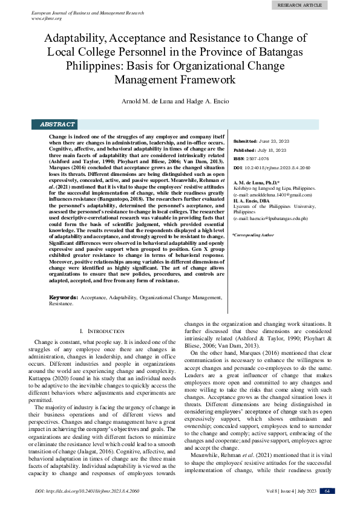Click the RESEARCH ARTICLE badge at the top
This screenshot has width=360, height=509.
pos(300,5)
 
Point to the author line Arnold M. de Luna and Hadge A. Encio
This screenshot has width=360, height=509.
pos(180,101)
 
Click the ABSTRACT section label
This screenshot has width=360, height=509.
pos(57,125)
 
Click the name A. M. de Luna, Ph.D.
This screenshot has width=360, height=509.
pos(257,182)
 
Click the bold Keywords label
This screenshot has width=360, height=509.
pos(63,298)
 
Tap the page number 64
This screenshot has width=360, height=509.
pos(327,491)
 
